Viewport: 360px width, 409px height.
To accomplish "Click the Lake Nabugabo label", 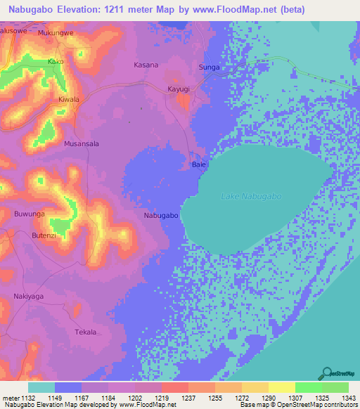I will [251, 196].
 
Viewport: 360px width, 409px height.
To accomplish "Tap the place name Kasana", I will [146, 65].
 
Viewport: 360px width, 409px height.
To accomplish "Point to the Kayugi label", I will [179, 89].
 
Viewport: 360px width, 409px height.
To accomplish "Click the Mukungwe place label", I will [56, 32].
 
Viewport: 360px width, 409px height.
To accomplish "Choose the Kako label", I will [56, 62].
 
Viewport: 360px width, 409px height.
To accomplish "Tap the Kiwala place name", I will [69, 100].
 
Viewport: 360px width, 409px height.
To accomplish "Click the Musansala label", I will [82, 143].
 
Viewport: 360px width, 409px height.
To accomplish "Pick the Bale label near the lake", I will [198, 165].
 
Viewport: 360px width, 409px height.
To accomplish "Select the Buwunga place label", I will [30, 213].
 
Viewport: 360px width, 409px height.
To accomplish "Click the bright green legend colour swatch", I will [308, 387].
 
